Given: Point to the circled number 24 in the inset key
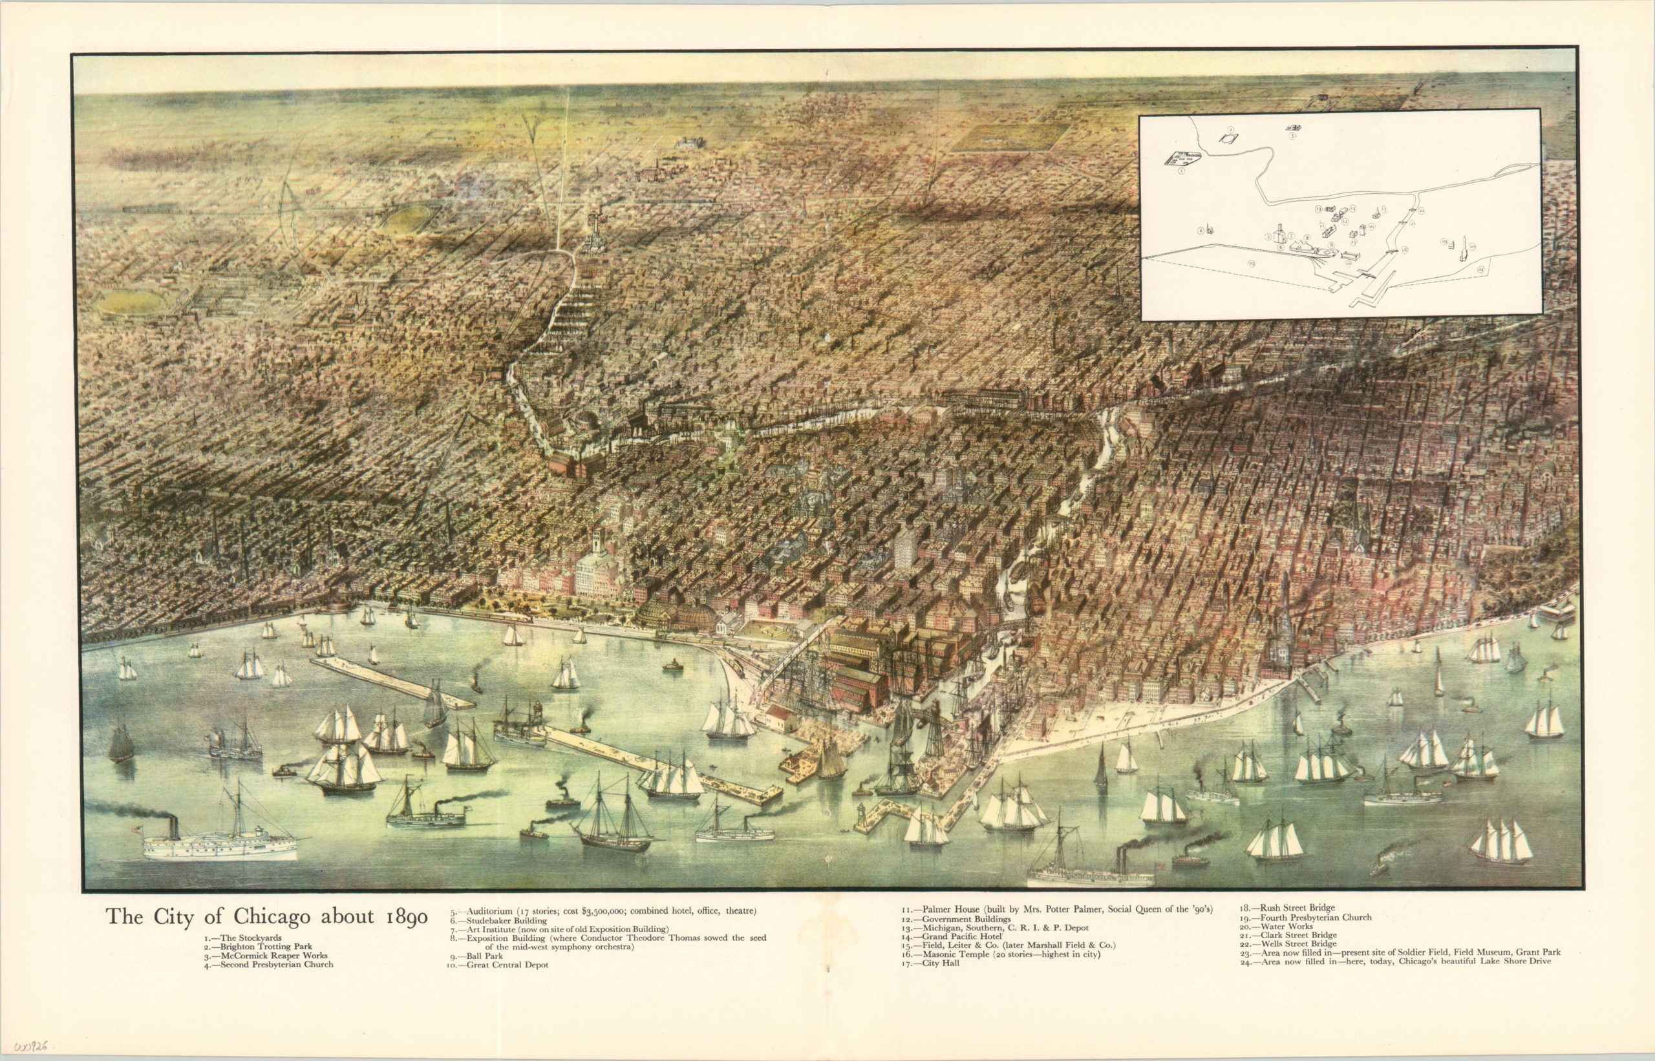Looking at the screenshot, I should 1478,289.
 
